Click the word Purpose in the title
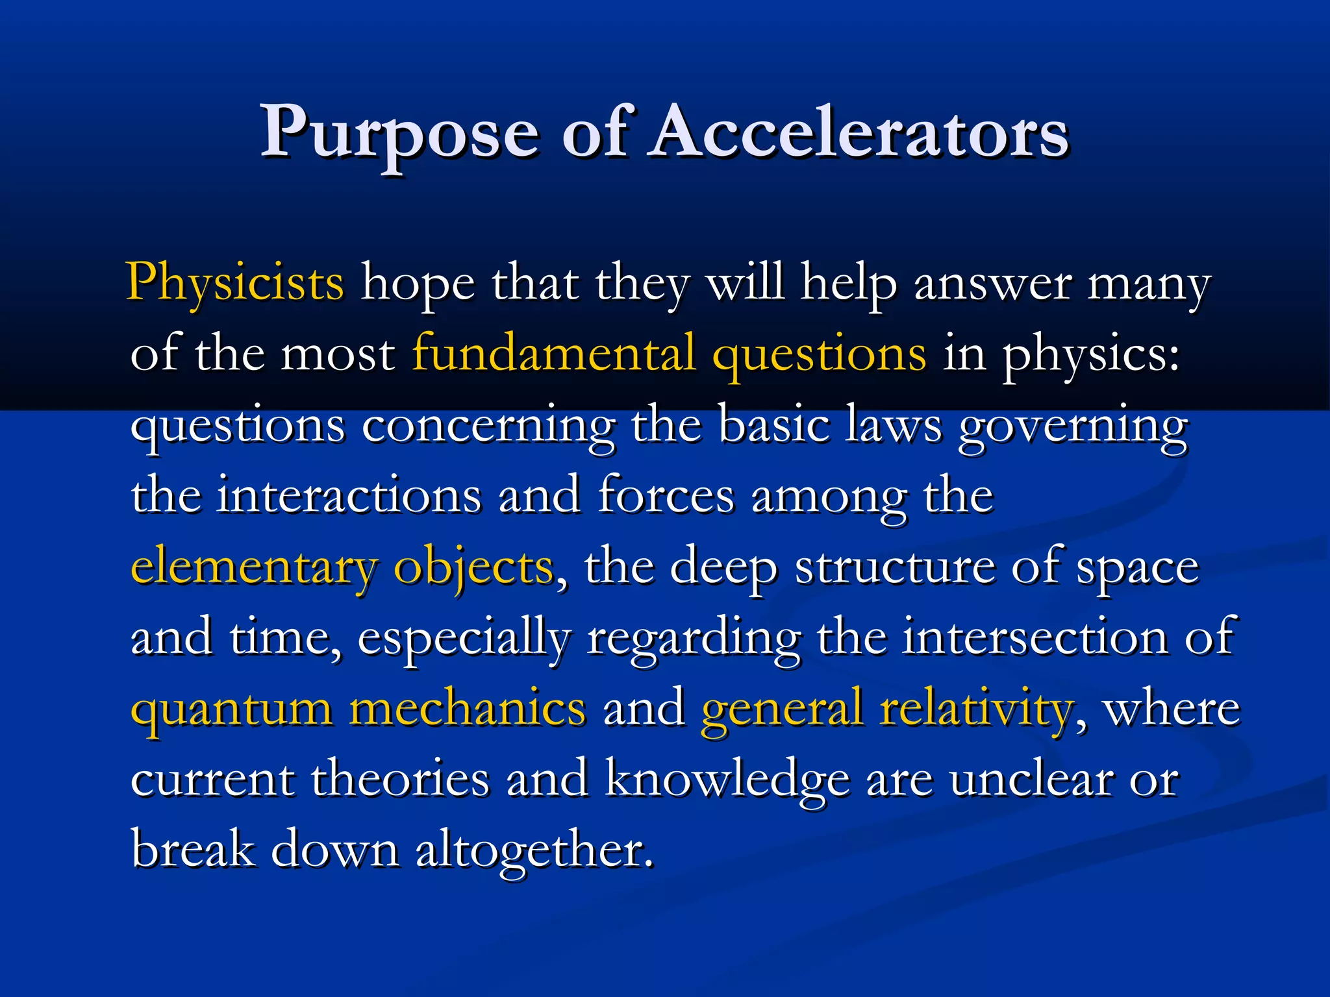pos(399,133)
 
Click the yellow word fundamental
pos(553,354)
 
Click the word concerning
pos(488,427)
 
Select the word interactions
pos(349,496)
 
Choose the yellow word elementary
pos(254,568)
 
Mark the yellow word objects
pos(473,568)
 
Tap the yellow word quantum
pos(231,709)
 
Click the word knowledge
pos(727,780)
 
